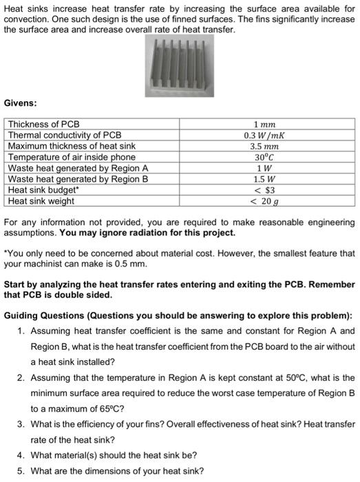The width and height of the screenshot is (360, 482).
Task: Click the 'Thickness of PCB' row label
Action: pyautogui.click(x=43, y=124)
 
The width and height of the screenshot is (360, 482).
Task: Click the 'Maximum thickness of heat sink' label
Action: pyautogui.click(x=71, y=146)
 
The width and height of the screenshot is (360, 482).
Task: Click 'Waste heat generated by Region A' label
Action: pyautogui.click(x=77, y=168)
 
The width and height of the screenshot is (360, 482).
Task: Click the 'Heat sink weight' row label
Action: pyautogui.click(x=41, y=201)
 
